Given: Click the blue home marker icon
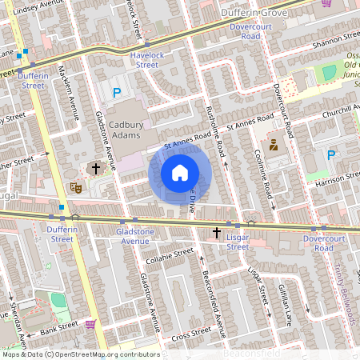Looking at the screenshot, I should click(180, 173).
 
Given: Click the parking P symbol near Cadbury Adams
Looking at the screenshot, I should click(117, 93).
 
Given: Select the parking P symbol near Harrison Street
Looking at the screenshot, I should click(331, 154).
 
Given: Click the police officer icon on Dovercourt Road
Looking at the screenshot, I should click(273, 146).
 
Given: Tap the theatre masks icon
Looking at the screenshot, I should click(77, 187).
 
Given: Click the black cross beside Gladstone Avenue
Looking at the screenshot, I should click(96, 169).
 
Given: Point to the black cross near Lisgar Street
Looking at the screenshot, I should click(216, 232).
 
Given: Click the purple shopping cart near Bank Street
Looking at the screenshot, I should click(90, 324).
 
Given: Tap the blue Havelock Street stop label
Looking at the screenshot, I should click(144, 60).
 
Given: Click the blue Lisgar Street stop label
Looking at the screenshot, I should click(238, 242).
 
